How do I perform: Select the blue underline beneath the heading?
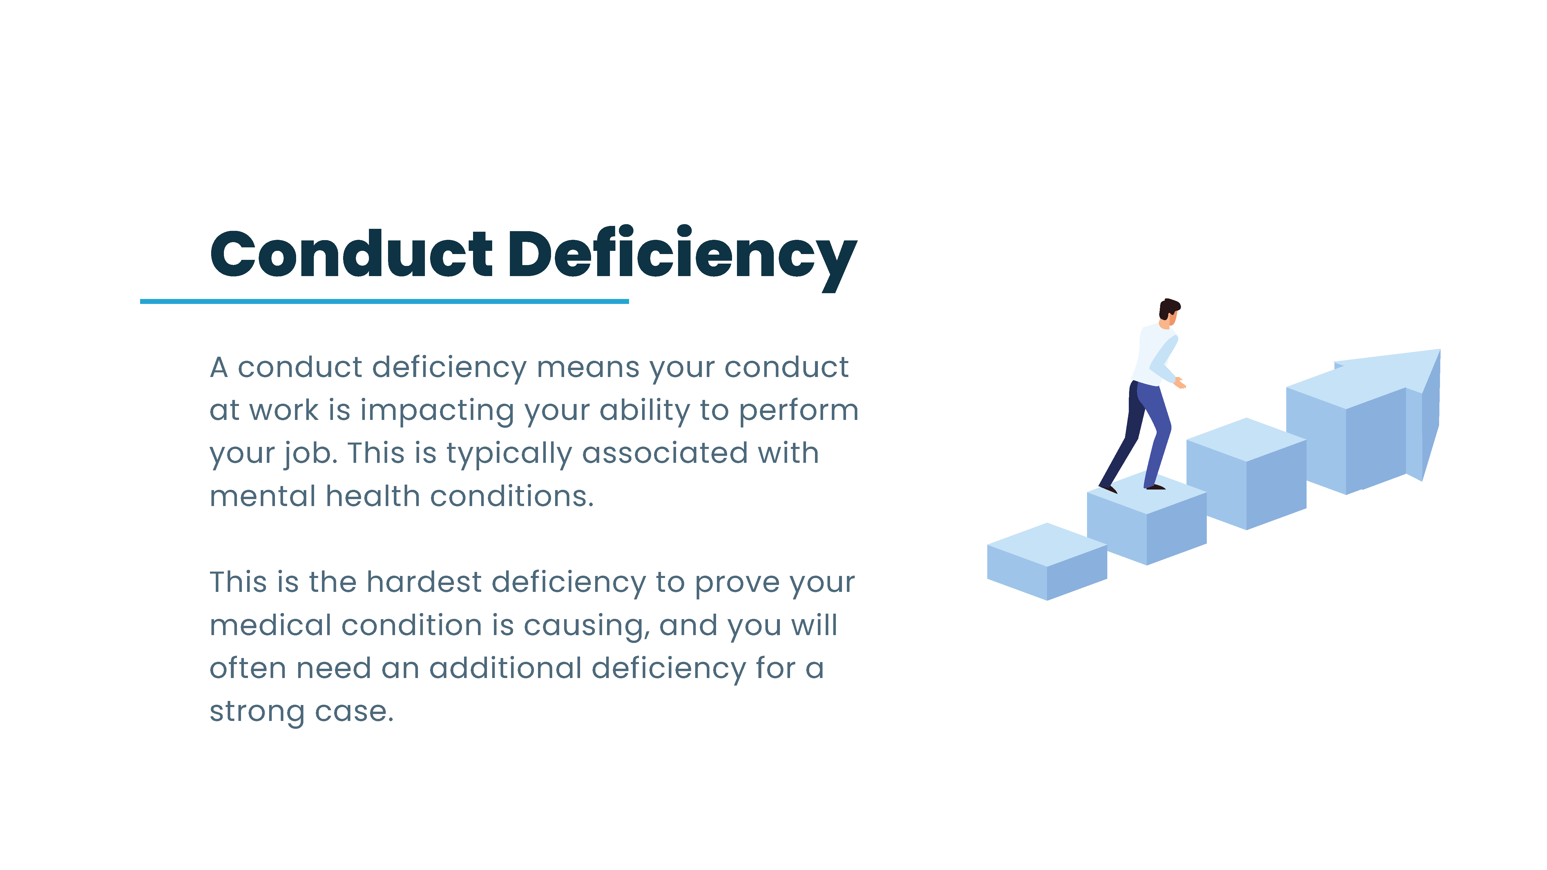click(384, 301)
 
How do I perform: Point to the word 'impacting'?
click(436, 411)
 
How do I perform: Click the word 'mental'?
click(262, 496)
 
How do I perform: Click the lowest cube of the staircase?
click(1047, 561)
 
